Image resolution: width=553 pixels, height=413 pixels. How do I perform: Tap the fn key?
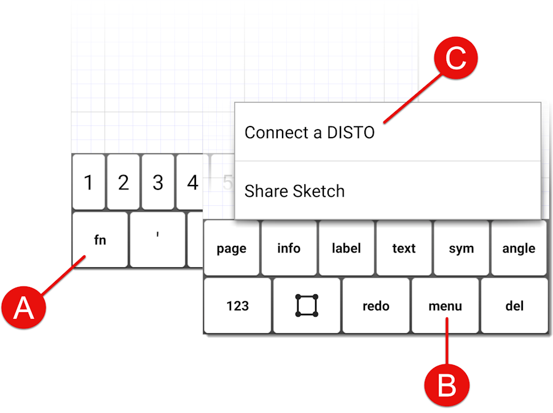100,240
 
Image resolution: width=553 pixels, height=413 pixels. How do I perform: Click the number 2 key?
123,182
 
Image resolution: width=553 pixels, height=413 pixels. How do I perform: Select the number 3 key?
158,182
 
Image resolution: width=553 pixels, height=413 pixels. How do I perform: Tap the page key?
232,248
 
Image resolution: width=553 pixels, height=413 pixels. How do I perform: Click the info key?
289,248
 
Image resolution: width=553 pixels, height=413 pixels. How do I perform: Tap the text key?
404,248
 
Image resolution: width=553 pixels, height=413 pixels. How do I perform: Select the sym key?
461,248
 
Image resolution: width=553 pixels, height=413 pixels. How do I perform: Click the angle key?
519,248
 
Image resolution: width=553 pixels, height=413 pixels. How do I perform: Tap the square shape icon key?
307,305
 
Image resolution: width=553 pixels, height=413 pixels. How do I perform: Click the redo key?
376,305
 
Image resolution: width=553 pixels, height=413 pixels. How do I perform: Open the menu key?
445,305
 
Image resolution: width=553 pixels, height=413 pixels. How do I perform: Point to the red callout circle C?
456,58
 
